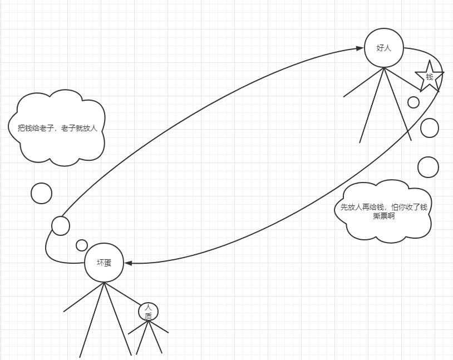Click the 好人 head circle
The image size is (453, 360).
(384, 48)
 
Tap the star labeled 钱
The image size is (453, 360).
(429, 76)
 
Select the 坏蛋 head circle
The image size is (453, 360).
(104, 263)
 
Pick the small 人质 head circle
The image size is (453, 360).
(148, 312)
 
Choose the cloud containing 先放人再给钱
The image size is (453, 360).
(384, 210)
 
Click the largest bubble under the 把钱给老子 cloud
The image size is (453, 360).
(41, 193)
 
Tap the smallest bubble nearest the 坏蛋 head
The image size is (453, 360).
(82, 245)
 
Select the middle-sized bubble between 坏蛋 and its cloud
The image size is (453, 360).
(61, 225)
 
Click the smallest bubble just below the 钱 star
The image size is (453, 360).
(413, 102)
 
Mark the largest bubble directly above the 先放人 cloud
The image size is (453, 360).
(428, 167)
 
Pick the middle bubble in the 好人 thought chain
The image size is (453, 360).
(429, 127)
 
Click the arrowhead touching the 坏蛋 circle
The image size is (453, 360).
(128, 263)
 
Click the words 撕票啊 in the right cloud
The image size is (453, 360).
(384, 216)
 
